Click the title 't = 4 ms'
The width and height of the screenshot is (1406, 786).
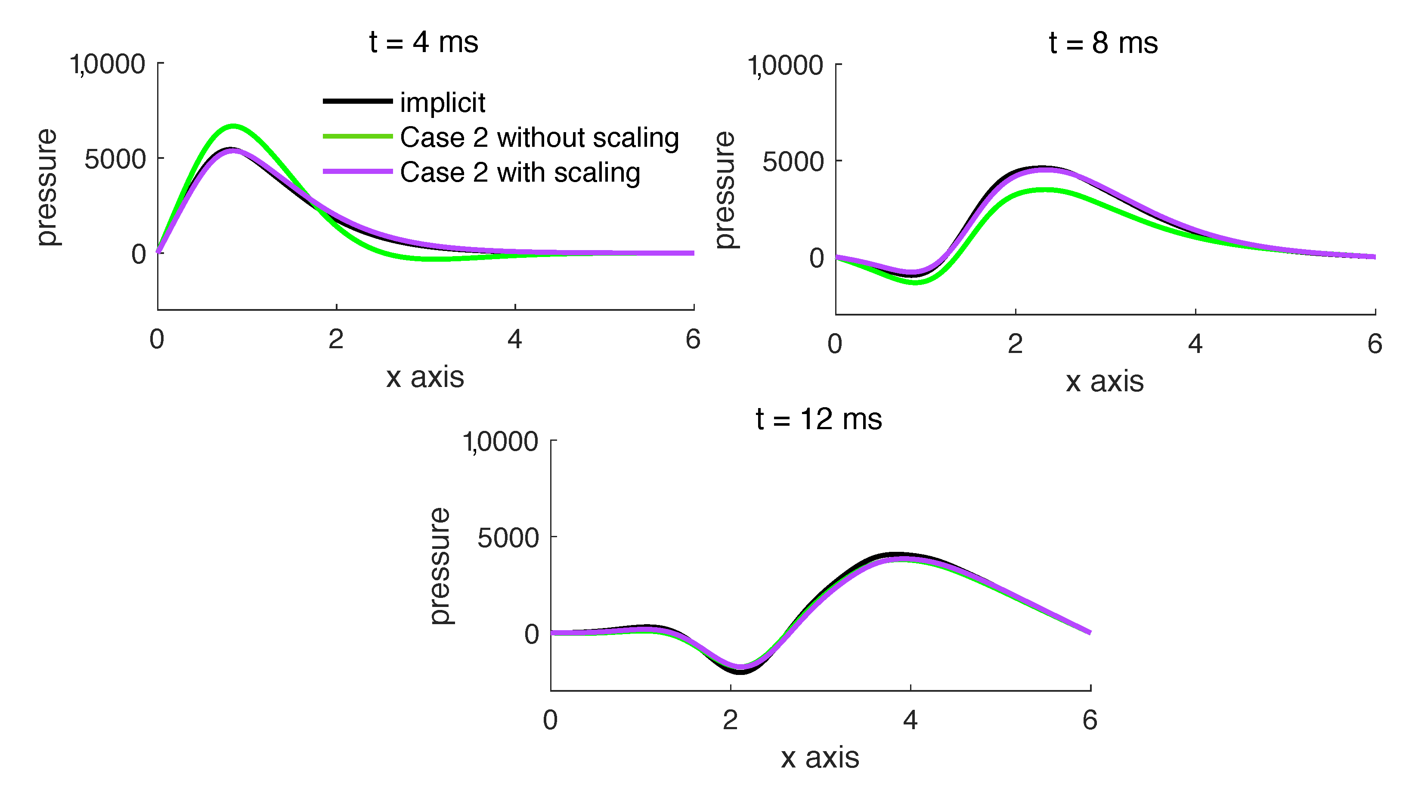[x=424, y=42]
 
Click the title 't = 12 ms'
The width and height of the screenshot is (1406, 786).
[x=819, y=419]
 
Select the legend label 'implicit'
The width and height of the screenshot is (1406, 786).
[x=442, y=102]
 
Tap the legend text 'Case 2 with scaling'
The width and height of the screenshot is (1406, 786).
[x=520, y=173]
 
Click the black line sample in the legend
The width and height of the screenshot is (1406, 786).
[x=357, y=101]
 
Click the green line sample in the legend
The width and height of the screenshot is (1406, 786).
[x=357, y=136]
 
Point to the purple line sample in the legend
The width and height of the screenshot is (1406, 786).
[x=357, y=171]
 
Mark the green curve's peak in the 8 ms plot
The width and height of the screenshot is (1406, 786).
[x=1046, y=190]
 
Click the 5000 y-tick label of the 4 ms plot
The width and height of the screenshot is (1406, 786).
[x=115, y=159]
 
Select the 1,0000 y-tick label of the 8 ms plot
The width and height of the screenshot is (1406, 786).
[x=785, y=65]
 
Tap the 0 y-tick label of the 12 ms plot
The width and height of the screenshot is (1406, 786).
[x=531, y=634]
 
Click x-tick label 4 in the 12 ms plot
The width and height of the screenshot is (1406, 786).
[x=910, y=721]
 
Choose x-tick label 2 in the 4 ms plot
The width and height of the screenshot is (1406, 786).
[x=336, y=340]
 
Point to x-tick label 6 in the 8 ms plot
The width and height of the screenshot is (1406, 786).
[x=1374, y=344]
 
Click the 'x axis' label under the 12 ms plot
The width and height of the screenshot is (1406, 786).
[x=820, y=758]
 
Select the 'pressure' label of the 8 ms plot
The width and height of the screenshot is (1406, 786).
[x=725, y=190]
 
